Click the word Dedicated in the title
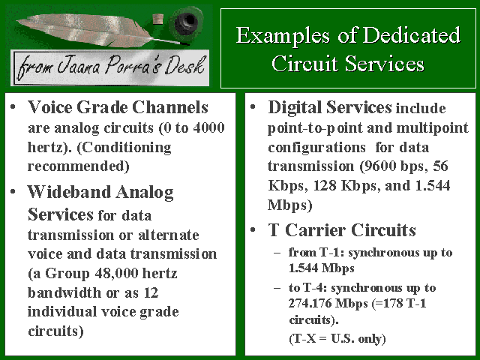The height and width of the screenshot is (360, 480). point(412,35)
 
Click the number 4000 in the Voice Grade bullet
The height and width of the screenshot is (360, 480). point(209,127)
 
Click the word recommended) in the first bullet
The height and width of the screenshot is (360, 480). point(79,166)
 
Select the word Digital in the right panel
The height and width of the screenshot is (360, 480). point(295,107)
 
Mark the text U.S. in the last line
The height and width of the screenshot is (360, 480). point(342,339)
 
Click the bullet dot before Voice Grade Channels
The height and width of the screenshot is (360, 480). point(13,107)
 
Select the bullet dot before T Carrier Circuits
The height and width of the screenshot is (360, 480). point(253,230)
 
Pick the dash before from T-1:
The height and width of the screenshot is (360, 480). point(277,253)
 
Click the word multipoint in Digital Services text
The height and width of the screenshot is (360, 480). point(432,128)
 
